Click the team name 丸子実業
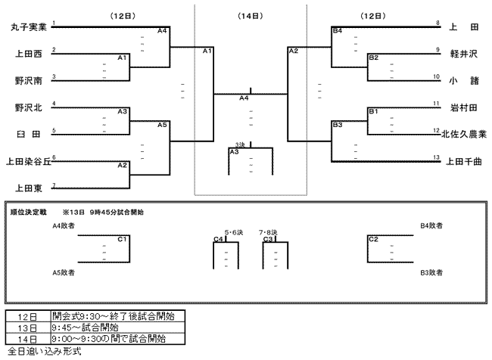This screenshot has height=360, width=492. (29, 27)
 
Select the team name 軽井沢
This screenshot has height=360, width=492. (463, 54)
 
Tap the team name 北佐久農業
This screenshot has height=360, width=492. (464, 134)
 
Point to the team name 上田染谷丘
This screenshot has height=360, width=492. (29, 162)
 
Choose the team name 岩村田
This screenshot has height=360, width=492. (463, 108)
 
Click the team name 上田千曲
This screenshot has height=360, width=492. (463, 162)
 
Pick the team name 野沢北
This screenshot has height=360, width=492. (29, 108)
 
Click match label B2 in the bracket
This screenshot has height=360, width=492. (374, 57)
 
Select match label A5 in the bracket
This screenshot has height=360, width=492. (162, 125)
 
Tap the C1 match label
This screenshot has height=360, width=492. (122, 239)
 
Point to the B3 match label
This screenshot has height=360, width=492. (338, 125)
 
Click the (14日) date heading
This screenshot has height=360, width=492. (250, 16)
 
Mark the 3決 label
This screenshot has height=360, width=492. (240, 145)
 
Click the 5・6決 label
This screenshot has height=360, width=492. (234, 232)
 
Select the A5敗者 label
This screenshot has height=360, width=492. (64, 272)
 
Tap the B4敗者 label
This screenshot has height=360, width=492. (431, 225)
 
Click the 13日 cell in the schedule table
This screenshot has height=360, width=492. (27, 328)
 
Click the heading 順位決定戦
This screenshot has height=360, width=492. (28, 213)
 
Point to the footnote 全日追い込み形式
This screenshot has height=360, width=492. (44, 351)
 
